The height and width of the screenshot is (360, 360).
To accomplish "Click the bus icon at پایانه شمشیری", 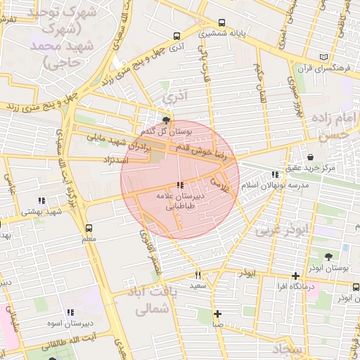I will [223, 22].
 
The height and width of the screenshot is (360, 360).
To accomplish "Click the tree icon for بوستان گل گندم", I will [166, 121].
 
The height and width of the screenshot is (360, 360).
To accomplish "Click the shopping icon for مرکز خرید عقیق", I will [310, 156].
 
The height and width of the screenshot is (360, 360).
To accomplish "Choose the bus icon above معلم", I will [89, 229].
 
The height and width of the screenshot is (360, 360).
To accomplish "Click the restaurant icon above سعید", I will [198, 275].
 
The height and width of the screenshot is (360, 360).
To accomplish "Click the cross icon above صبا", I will [218, 314].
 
